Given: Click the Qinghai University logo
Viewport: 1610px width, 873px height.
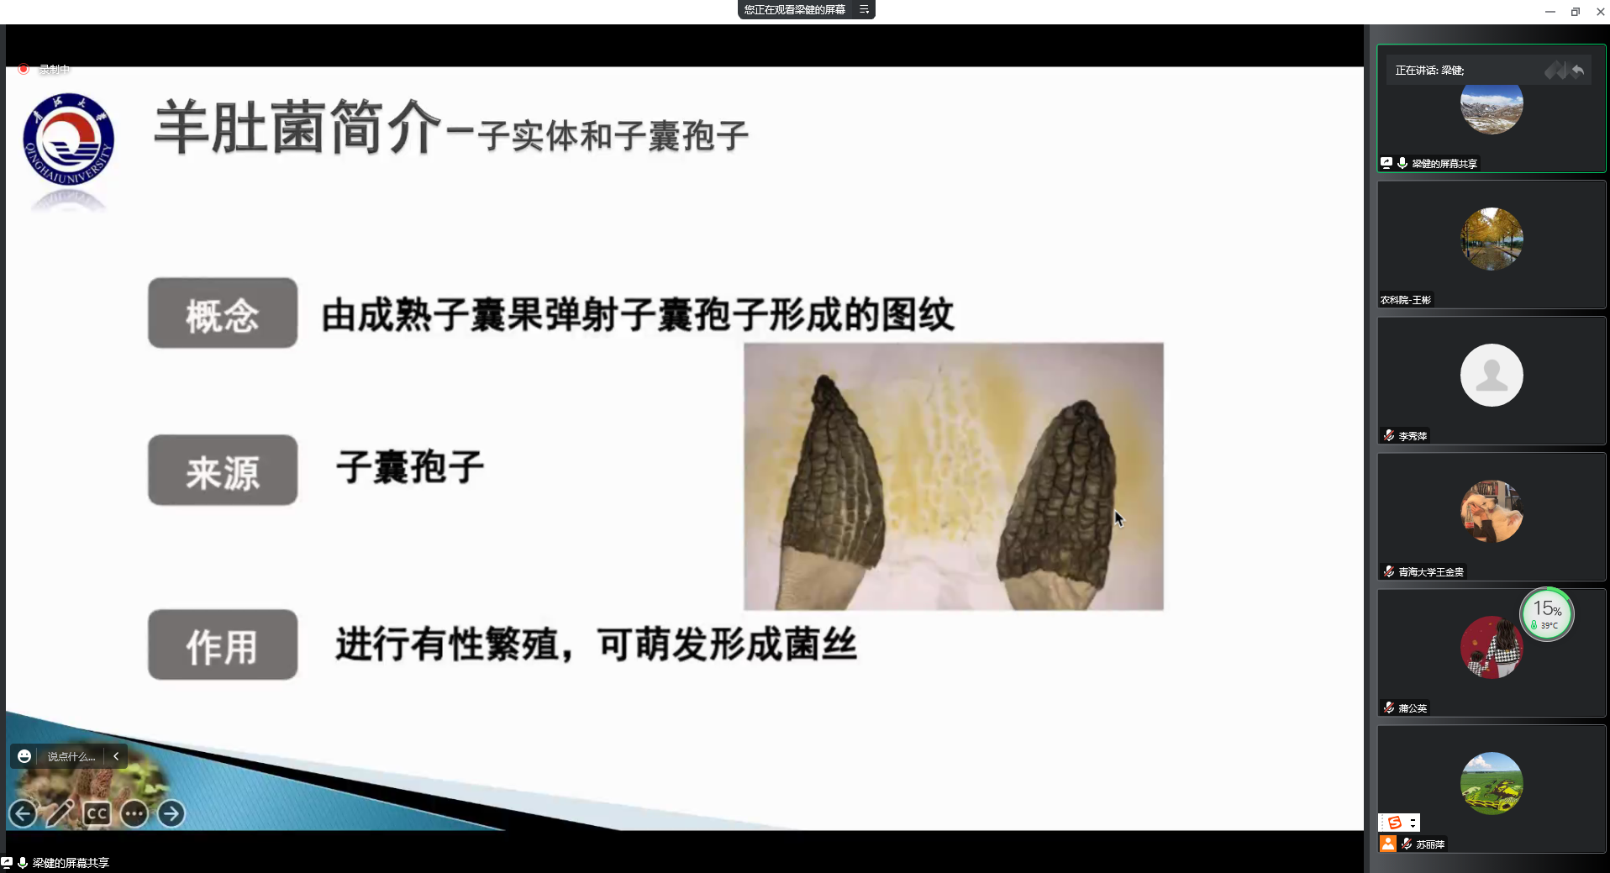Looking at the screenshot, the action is pyautogui.click(x=68, y=139).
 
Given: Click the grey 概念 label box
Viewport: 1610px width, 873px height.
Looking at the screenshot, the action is pyautogui.click(x=223, y=313).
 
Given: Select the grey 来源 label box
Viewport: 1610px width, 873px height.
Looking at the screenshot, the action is pyautogui.click(x=223, y=470).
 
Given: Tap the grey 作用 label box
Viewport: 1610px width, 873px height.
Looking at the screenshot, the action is pyautogui.click(x=223, y=644).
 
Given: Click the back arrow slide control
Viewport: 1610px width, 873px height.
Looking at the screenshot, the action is pyautogui.click(x=23, y=813).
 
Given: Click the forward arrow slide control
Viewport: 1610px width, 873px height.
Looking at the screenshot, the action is pyautogui.click(x=171, y=813).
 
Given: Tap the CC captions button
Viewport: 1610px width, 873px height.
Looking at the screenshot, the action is pyautogui.click(x=97, y=813).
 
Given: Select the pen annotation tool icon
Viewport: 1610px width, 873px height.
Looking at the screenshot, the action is pyautogui.click(x=60, y=813).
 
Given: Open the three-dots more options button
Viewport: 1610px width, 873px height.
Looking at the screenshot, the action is pyautogui.click(x=134, y=813).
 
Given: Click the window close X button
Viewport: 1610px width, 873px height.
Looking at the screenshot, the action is pyautogui.click(x=1600, y=12).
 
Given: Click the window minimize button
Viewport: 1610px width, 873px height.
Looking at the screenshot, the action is pyautogui.click(x=1549, y=12).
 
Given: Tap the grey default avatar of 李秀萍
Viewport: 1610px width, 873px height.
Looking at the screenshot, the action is pyautogui.click(x=1492, y=375).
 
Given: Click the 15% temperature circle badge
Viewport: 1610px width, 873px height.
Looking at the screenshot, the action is pyautogui.click(x=1547, y=614).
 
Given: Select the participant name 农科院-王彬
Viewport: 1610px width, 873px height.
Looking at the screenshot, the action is pyautogui.click(x=1406, y=300).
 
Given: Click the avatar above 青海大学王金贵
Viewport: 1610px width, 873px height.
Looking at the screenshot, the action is pyautogui.click(x=1492, y=511).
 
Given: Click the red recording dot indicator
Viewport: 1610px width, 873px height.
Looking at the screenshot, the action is pyautogui.click(x=24, y=69).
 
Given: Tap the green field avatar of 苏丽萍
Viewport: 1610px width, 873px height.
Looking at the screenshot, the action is pyautogui.click(x=1492, y=783).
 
